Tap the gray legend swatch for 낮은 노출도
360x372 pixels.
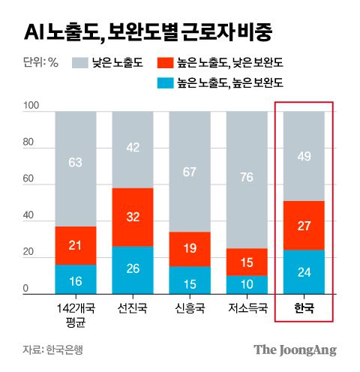(x=79, y=63)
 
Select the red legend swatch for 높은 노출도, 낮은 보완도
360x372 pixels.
(x=166, y=63)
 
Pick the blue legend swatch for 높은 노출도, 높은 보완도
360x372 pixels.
(x=166, y=85)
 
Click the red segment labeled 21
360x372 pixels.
(x=75, y=245)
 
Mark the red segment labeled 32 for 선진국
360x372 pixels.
(x=132, y=217)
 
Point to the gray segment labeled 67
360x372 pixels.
(x=189, y=172)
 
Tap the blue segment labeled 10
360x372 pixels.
(x=246, y=284)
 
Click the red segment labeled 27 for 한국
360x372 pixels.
(x=303, y=226)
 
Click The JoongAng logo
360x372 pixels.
(x=295, y=349)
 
